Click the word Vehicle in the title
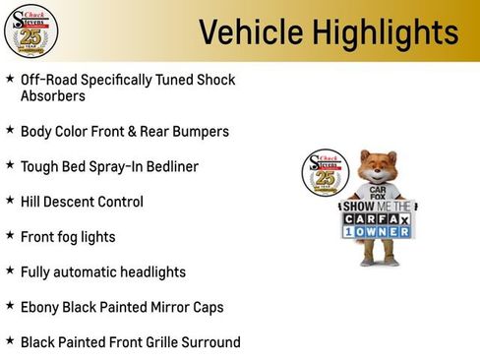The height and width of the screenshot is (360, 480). coord(252,32)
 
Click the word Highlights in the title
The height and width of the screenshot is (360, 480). coord(386,32)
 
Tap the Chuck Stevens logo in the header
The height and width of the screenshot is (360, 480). coord(30,30)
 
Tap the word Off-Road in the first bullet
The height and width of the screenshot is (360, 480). coord(48,79)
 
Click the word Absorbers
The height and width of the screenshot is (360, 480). coord(53,96)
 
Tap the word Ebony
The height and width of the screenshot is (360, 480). coord(41,307)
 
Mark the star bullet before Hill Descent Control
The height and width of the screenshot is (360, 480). coord(9,200)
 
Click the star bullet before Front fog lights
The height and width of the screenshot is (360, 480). coord(9,235)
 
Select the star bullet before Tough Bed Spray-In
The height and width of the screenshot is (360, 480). coord(9,164)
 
